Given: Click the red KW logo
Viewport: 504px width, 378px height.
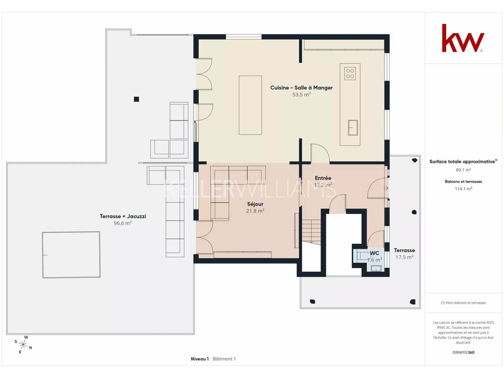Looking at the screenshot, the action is pos(463,38).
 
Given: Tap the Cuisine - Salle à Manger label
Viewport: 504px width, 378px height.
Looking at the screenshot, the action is pos(301,88).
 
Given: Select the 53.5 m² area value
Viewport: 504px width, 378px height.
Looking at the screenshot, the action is pos(301,94).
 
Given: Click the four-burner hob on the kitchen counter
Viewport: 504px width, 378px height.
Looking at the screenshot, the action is pos(350,73).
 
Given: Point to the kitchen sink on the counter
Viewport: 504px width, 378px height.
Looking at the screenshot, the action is pos(352,127).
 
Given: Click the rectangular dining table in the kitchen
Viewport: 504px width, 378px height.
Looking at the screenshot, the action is pos(250,105).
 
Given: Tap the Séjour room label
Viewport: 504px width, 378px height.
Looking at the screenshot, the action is pos(255,204).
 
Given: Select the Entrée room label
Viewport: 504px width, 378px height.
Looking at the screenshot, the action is pos(323,178).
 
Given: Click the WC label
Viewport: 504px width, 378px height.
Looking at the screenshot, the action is pos(375,253).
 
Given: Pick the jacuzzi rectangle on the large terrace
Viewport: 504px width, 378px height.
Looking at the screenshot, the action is pos(71,254).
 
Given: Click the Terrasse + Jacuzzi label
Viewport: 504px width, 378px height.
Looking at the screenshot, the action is pos(123,217).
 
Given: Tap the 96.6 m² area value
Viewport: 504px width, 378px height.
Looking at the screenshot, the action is pos(123,223).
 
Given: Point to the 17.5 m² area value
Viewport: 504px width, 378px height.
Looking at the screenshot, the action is pos(405,257).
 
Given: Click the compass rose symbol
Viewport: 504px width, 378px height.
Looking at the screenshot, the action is pos(23,345).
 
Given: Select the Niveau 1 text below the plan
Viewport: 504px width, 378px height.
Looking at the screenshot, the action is pos(200,359).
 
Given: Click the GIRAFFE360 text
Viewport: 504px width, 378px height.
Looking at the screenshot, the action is pos(463,352).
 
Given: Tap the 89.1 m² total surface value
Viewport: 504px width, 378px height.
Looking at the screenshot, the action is pos(463,170).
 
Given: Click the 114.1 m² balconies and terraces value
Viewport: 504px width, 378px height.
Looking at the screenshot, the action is pos(463,189).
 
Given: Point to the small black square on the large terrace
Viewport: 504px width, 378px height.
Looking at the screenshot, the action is pos(136,99).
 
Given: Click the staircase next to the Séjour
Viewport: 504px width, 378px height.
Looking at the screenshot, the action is pos(311,231).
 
